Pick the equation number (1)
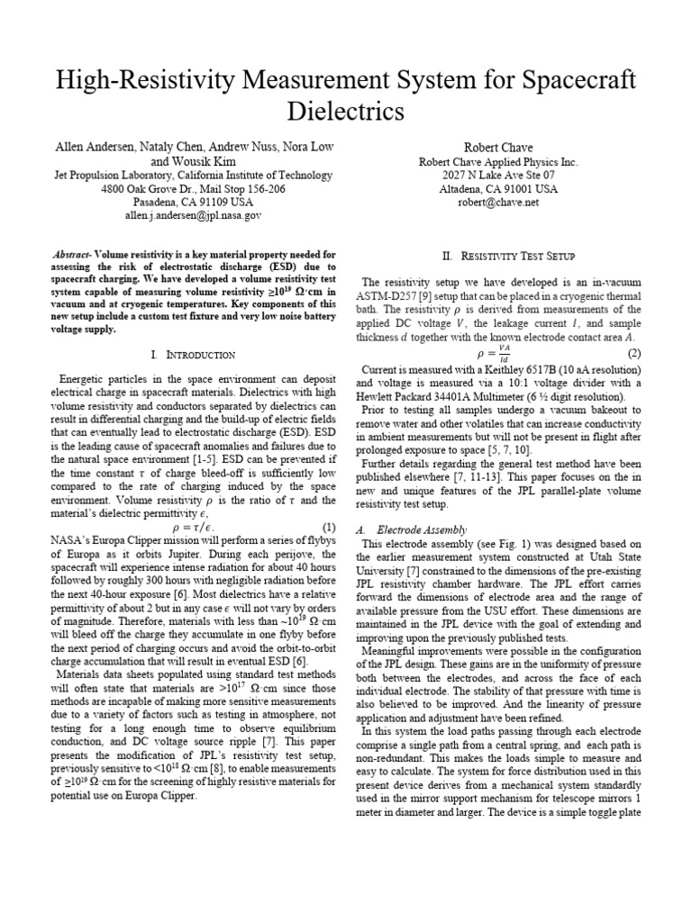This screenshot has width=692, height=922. pyautogui.click(x=329, y=525)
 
